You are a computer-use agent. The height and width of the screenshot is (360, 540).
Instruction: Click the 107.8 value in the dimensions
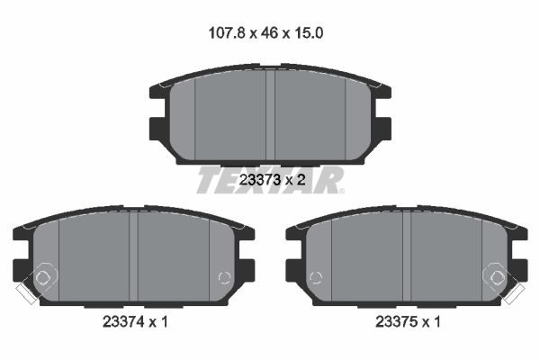[x=227, y=33]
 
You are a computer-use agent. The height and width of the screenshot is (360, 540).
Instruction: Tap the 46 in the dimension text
[x=270, y=33]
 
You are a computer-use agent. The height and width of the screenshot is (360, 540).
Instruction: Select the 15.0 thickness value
[x=308, y=33]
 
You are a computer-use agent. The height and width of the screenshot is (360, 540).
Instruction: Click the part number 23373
[x=260, y=179]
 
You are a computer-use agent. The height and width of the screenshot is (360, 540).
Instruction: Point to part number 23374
[x=123, y=322]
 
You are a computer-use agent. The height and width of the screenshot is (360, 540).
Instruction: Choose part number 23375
[x=396, y=322]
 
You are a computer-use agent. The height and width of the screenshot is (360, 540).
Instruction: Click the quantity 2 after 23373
[x=301, y=179]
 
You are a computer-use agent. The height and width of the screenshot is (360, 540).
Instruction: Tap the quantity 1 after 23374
[x=164, y=322]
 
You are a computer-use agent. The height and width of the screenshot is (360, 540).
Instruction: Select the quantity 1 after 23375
[x=436, y=322]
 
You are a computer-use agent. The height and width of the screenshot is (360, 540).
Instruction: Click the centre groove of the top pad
[x=270, y=114]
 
